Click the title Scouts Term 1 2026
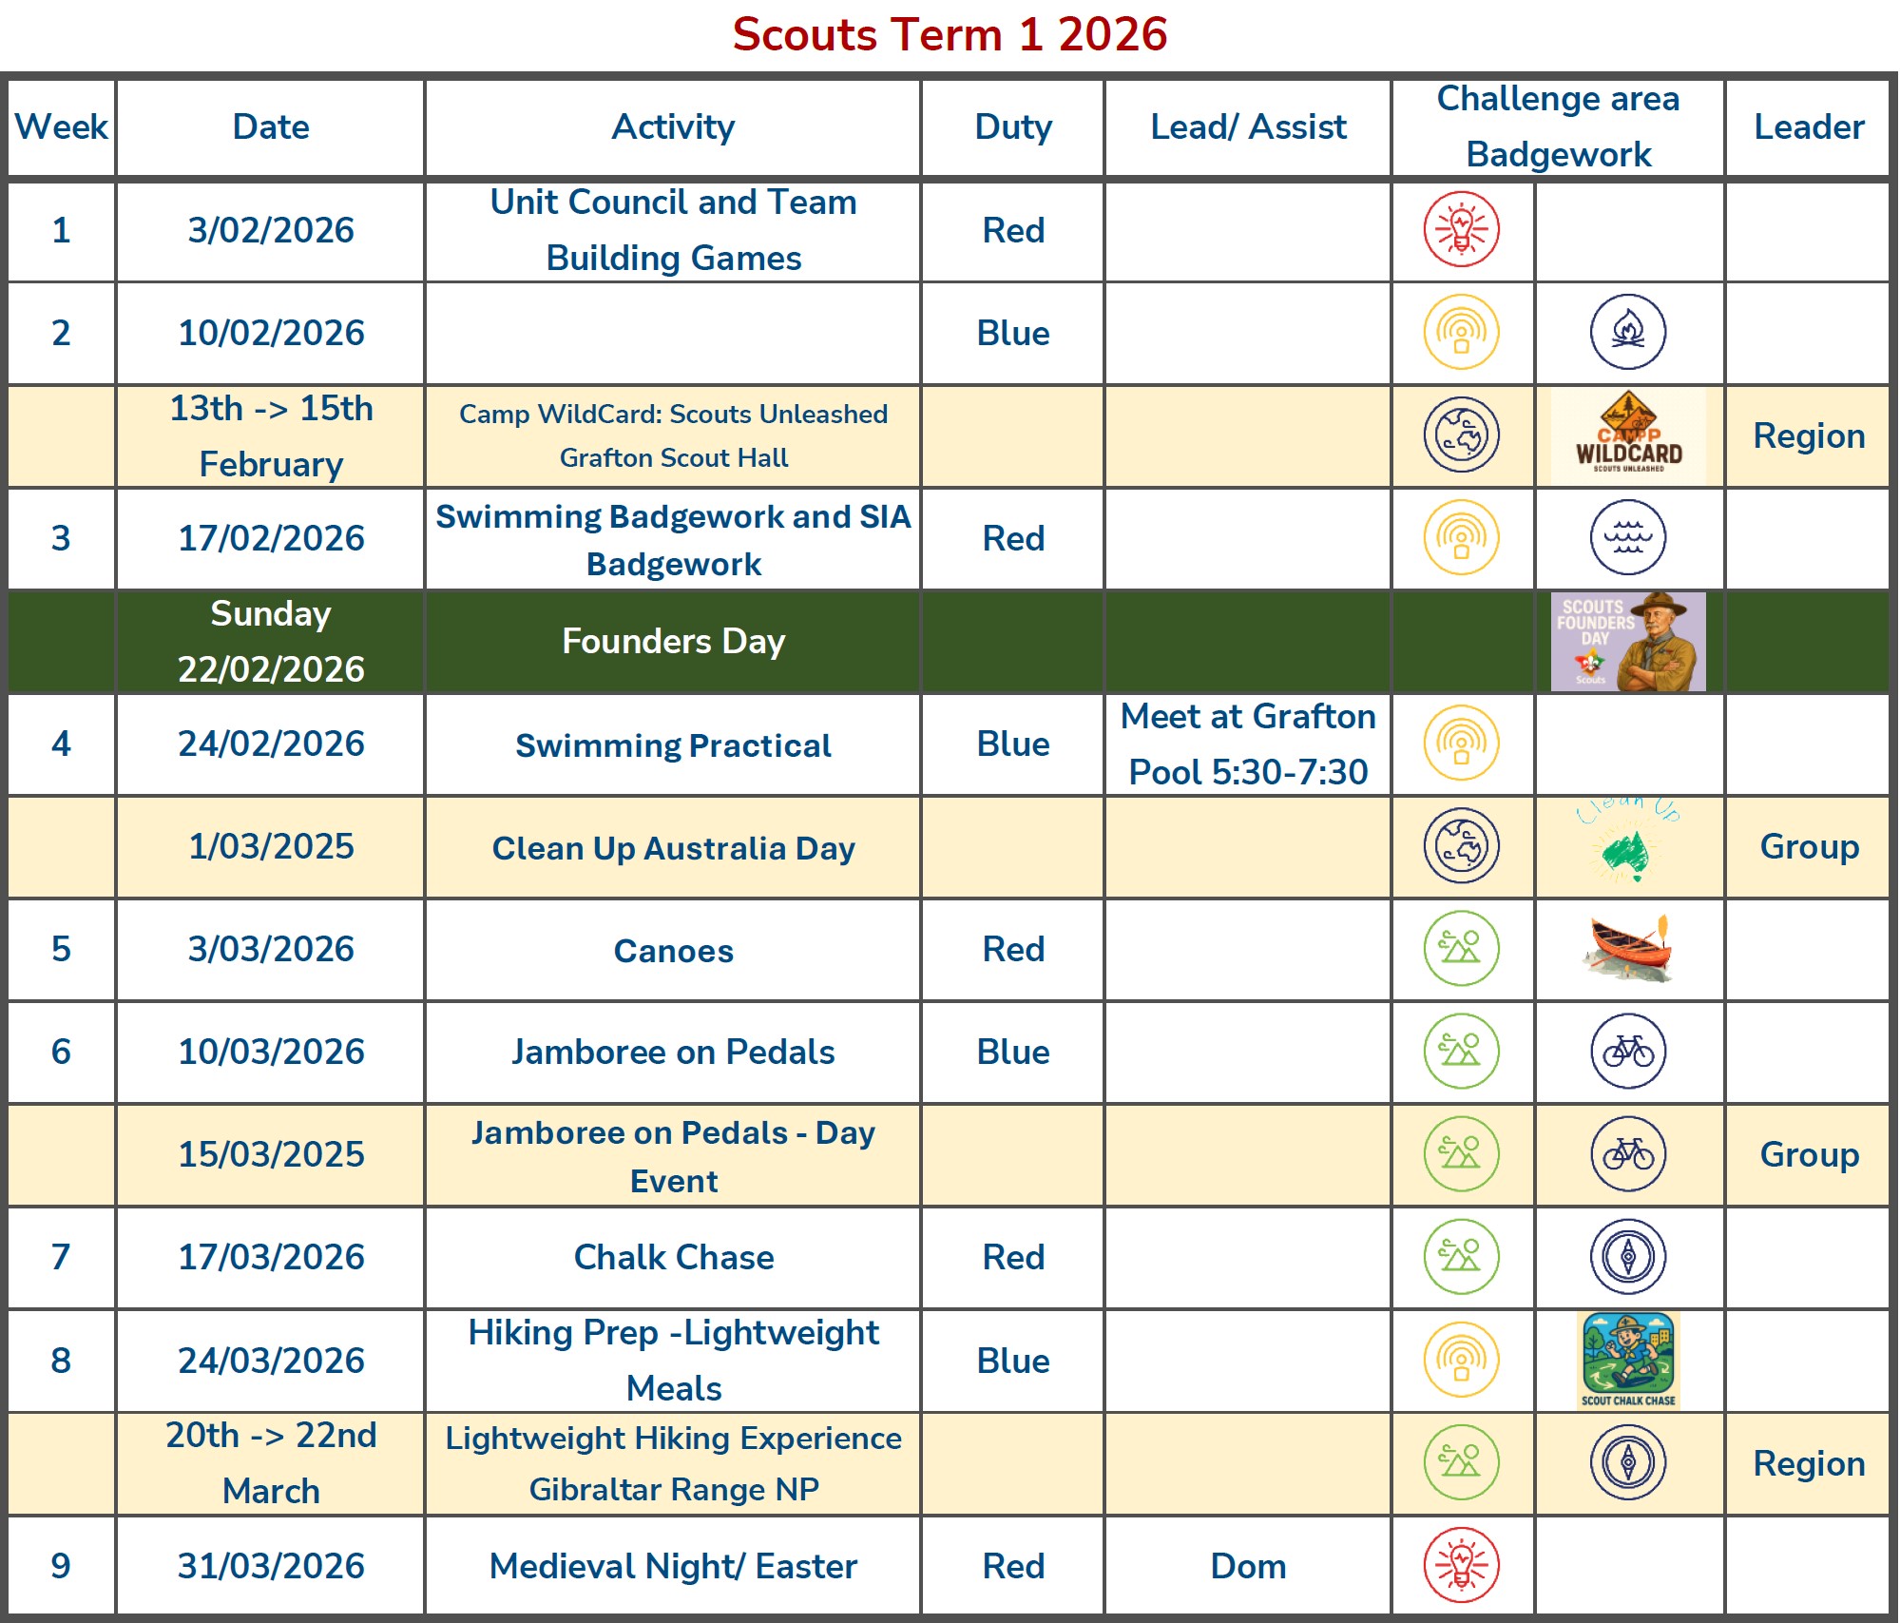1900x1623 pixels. [x=949, y=35]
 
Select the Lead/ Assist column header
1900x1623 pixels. [x=1247, y=127]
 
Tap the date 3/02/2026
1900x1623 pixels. [x=271, y=231]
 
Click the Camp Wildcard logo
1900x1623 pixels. [x=1628, y=436]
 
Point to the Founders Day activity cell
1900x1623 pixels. [x=673, y=642]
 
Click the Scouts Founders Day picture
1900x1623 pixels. [x=1628, y=642]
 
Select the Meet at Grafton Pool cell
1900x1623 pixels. [x=1247, y=744]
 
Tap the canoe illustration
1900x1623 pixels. [x=1628, y=949]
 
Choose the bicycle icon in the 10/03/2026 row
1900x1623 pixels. [x=1628, y=1052]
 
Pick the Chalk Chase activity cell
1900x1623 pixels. [x=673, y=1258]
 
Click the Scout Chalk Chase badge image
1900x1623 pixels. [x=1628, y=1361]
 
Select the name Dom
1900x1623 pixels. [x=1247, y=1567]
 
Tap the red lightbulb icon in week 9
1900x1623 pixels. [x=1461, y=1565]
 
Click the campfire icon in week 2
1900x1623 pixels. [x=1628, y=332]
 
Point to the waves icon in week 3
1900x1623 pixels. [x=1628, y=538]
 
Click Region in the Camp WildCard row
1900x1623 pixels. [x=1808, y=436]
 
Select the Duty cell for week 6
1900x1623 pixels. [x=1012, y=1053]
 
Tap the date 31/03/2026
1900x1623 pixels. [x=271, y=1567]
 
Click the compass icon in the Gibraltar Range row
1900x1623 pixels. [x=1628, y=1462]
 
